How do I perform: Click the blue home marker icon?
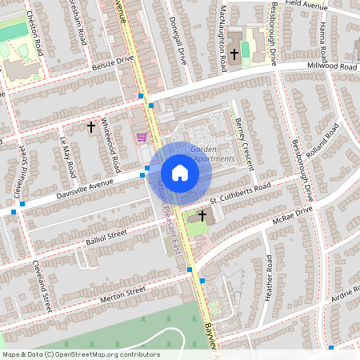pyautogui.click(x=179, y=173)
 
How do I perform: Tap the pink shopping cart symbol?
pyautogui.click(x=142, y=138)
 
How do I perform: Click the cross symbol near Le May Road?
pyautogui.click(x=90, y=126)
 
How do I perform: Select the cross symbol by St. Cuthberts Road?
pyautogui.click(x=202, y=215)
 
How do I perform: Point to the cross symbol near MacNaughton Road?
pyautogui.click(x=234, y=54)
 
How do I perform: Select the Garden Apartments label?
pyautogui.click(x=212, y=154)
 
